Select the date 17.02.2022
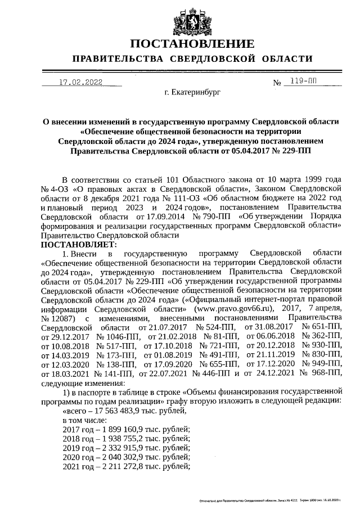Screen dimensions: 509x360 pos(82,82)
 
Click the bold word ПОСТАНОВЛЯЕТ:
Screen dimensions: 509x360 pos(78,245)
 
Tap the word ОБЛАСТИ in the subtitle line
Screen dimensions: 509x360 pos(286,59)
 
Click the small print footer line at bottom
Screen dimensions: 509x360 pos(270,499)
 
